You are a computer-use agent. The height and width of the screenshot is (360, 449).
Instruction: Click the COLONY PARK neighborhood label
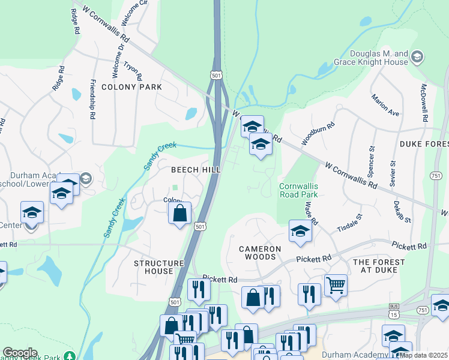coord(131,87)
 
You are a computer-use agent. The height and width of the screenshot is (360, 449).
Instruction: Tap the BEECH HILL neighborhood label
coord(196,170)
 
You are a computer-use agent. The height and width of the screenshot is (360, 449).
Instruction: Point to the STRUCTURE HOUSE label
coord(158,267)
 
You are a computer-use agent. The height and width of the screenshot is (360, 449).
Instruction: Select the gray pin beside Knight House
coord(417,57)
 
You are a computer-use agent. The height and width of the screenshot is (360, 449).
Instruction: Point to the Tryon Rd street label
coord(132,70)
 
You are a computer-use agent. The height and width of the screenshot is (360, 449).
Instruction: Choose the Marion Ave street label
coord(385,105)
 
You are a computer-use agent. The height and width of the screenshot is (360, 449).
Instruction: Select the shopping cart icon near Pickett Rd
coord(336,285)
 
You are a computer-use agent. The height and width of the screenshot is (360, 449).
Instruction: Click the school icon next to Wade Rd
coord(300,231)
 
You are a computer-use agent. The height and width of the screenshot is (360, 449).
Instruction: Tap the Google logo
coord(20,353)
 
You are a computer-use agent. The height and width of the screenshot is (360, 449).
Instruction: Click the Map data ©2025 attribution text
coord(423,355)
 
